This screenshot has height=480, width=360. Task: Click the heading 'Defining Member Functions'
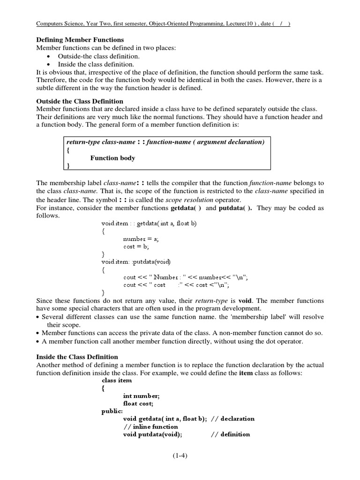click(x=80, y=40)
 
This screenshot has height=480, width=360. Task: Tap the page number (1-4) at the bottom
click(x=180, y=455)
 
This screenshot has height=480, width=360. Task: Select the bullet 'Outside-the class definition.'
click(x=98, y=56)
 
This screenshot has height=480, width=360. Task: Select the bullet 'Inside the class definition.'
click(x=96, y=64)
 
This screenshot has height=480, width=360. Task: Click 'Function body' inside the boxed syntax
click(x=112, y=158)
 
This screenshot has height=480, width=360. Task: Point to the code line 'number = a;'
click(x=141, y=239)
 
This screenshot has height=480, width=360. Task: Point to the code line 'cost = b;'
click(x=135, y=247)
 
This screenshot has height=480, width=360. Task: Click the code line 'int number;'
click(x=141, y=396)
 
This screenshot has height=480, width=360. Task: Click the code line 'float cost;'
click(x=138, y=403)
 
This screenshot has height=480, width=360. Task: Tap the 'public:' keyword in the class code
click(x=111, y=411)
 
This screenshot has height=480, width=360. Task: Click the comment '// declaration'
click(x=232, y=419)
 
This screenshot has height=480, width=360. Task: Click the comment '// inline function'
click(x=150, y=427)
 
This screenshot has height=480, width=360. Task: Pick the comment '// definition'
click(x=230, y=434)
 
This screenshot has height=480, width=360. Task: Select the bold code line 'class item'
click(x=117, y=380)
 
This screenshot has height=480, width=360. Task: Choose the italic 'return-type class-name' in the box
click(x=102, y=142)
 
